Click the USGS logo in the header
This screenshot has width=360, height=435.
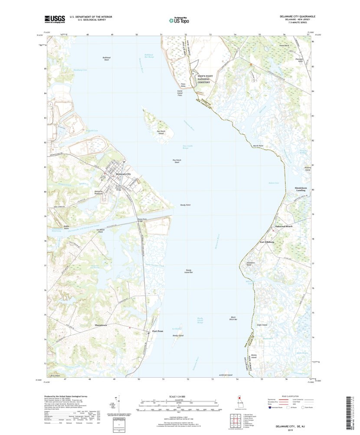[x=54, y=19]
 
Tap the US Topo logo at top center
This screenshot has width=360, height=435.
[x=179, y=20]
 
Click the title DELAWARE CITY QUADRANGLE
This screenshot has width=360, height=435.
[x=297, y=16]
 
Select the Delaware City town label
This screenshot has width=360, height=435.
[x=121, y=174]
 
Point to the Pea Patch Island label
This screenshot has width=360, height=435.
[x=161, y=132]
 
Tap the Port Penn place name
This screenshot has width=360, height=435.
[x=158, y=332]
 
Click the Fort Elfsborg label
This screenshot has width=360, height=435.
[x=267, y=241]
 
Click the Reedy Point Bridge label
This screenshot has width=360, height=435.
[x=142, y=221]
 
